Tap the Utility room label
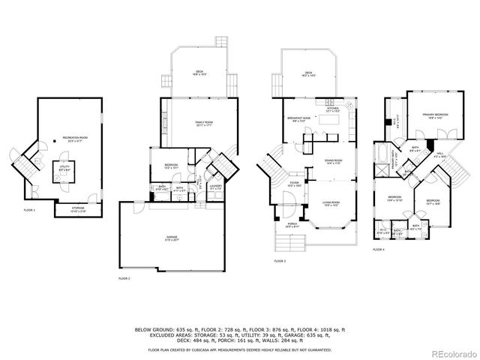pos(58,169)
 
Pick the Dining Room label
pos(333,161)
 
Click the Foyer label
pos(295,181)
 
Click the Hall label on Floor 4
pos(440,156)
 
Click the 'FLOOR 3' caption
pos(279,261)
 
